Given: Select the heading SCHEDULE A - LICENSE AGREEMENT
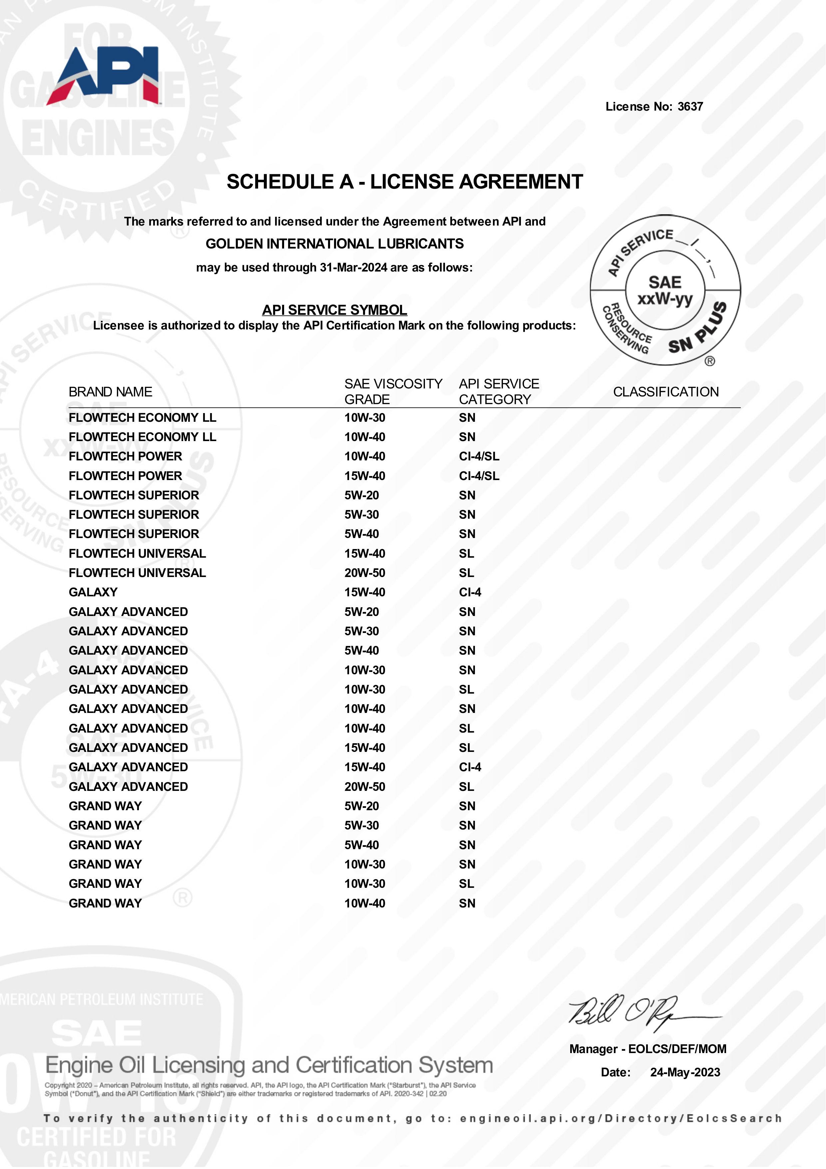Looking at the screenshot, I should tap(405, 182).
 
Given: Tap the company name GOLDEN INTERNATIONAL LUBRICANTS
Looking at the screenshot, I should tap(334, 244).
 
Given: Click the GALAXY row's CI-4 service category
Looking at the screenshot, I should tap(470, 592).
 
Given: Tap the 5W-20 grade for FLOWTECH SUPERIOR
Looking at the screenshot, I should tap(361, 495).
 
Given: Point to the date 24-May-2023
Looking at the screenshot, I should tap(685, 1072).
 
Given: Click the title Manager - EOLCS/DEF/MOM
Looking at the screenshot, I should tap(648, 1049).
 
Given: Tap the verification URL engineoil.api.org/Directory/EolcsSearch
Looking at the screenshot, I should tap(620, 1119).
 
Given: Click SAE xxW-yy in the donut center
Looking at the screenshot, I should tap(665, 290).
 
